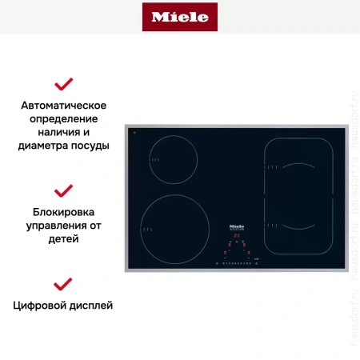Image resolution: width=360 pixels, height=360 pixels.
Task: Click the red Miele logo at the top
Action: tap(180, 17)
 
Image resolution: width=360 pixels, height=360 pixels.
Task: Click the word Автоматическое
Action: tap(63, 106)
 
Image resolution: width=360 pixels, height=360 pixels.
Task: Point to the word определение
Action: tap(63, 119)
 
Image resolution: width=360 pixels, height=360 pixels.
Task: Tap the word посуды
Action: tap(92, 146)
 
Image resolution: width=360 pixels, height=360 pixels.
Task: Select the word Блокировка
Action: tap(63, 212)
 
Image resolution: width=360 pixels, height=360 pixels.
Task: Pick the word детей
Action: tap(63, 239)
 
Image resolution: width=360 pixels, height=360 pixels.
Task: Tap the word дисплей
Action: tap(90, 306)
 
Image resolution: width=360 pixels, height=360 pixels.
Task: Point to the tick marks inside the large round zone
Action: tap(145, 230)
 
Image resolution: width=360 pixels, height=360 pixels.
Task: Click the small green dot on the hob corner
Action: tap(134, 132)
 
